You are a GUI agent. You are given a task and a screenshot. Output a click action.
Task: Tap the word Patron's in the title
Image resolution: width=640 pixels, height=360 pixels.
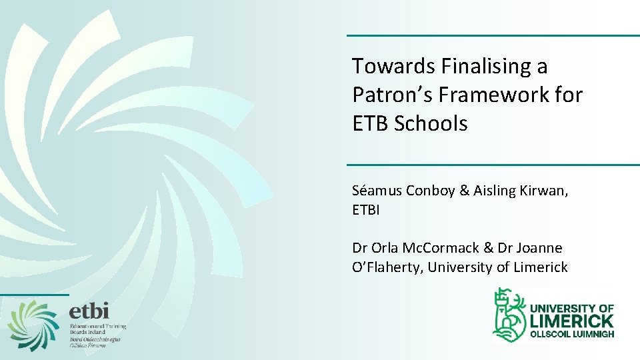pos(392,95)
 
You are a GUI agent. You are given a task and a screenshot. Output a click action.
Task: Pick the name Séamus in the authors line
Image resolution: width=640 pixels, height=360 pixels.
pos(373,191)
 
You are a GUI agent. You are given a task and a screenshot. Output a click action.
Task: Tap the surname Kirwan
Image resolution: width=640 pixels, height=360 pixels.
pos(544,191)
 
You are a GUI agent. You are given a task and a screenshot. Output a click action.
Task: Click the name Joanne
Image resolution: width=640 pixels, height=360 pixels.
pos(538,248)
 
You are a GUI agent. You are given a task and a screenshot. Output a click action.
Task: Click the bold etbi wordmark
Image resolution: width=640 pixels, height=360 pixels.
pos(89,310)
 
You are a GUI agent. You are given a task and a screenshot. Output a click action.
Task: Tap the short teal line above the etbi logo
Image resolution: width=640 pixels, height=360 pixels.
pos(35,294)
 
